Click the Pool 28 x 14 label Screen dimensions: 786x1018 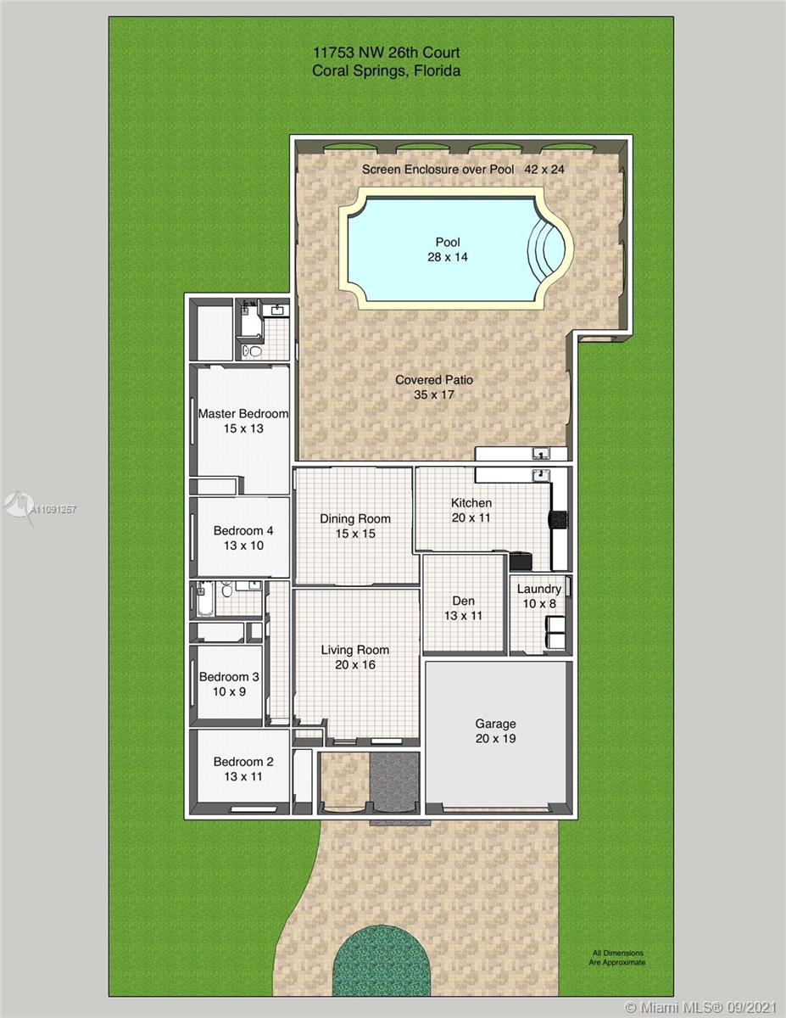click(448, 249)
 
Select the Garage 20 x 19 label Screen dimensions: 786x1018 click(495, 730)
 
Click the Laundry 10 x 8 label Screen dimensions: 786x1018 click(538, 596)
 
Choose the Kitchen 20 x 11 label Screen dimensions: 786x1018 click(471, 510)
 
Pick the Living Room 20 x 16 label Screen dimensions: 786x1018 click(355, 657)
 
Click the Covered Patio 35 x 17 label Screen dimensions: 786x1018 click(434, 387)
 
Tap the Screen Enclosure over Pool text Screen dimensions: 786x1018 click(438, 169)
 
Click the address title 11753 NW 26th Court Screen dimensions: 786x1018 click(386, 53)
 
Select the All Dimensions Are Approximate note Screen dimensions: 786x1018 click(617, 958)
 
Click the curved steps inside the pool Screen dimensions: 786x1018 click(543, 249)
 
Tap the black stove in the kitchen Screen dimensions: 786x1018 click(558, 519)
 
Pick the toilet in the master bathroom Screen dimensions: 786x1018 click(253, 350)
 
